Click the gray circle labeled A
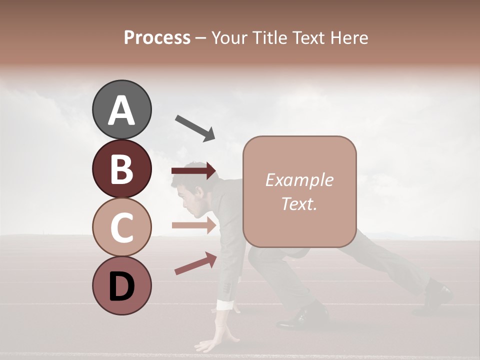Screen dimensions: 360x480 pyautogui.click(x=121, y=109)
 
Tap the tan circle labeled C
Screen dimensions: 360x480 pyautogui.click(x=121, y=227)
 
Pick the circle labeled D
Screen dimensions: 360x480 pyautogui.click(x=121, y=285)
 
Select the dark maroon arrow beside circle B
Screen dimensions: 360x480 pyautogui.click(x=193, y=171)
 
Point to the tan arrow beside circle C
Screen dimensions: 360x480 pyautogui.click(x=194, y=225)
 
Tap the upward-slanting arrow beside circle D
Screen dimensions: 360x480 pyautogui.click(x=195, y=264)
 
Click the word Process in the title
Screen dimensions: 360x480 pyautogui.click(x=157, y=37)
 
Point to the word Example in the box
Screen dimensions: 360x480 pyautogui.click(x=299, y=180)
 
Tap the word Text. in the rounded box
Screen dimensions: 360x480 pyautogui.click(x=299, y=204)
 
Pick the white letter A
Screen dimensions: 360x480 pyautogui.click(x=121, y=110)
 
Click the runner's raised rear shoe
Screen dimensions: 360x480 pyautogui.click(x=437, y=295)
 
